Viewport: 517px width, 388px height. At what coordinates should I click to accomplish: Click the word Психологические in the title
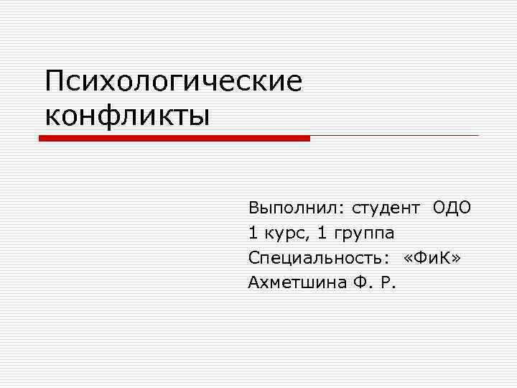click(x=173, y=80)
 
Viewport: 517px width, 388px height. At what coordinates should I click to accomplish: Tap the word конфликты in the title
click(x=127, y=114)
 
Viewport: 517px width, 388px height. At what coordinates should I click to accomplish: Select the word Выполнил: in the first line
click(x=296, y=208)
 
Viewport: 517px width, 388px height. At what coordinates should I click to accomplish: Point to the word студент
click(x=386, y=208)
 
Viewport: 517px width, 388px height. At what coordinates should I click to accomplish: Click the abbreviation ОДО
click(x=452, y=208)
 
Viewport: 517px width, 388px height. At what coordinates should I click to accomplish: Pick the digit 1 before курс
click(x=253, y=234)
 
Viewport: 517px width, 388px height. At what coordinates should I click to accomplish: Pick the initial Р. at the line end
click(x=388, y=282)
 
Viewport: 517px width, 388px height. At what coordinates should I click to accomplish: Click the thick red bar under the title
click(x=174, y=138)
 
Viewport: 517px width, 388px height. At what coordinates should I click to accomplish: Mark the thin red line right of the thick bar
click(x=394, y=135)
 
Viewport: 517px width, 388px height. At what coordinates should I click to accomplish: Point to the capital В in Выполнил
click(x=253, y=208)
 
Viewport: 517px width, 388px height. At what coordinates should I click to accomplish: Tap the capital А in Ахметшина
click(x=253, y=282)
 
